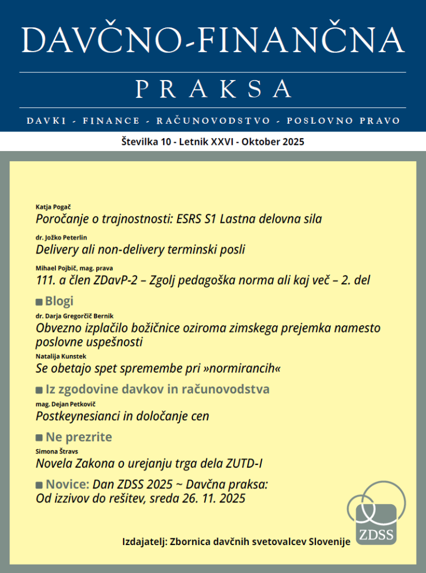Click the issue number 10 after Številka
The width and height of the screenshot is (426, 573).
[166, 142]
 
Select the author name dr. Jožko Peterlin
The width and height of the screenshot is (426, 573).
[61, 238]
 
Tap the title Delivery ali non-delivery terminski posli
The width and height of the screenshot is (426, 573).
[140, 250]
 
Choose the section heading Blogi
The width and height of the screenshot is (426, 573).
[59, 302]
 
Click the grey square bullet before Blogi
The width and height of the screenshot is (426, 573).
[39, 302]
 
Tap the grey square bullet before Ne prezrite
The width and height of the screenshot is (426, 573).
[39, 438]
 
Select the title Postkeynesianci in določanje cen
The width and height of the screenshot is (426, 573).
[122, 416]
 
